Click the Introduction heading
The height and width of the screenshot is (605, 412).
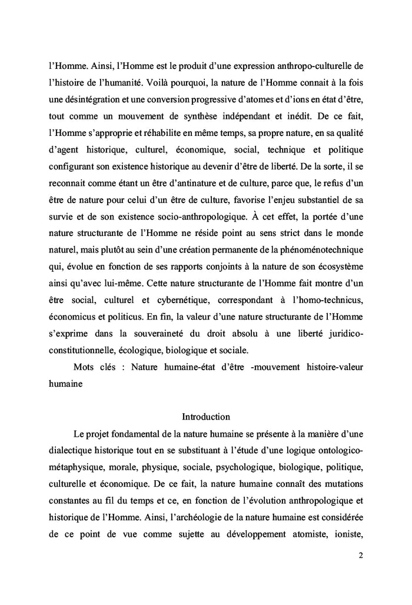[x=205, y=417]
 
